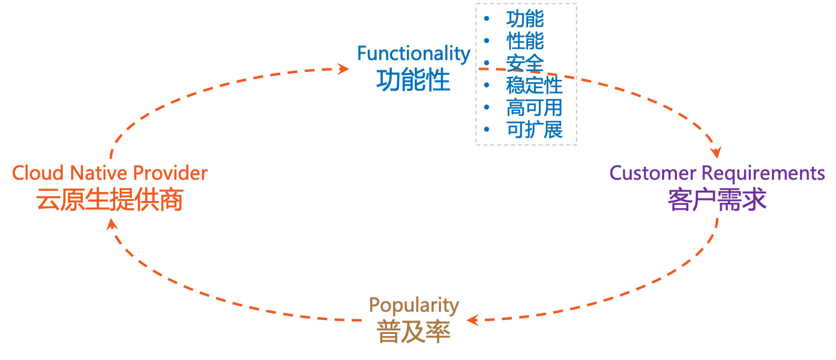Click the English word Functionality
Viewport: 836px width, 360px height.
pos(413,54)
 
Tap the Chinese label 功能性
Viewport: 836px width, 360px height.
pos(413,80)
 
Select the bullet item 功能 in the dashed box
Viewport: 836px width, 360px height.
pos(525,19)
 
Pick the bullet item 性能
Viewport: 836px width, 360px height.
pos(525,41)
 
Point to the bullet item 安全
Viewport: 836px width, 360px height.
pos(525,63)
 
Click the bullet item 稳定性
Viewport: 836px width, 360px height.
pos(534,85)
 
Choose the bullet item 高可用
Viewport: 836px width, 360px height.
pos(534,107)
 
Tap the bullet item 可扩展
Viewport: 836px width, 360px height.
pos(534,130)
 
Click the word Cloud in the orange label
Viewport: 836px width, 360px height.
pos(38,173)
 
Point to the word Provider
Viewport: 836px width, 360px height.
pos(170,173)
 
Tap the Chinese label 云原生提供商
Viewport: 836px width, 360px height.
pos(109,199)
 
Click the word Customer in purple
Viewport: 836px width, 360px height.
pos(653,173)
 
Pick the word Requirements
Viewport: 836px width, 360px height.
pos(763,173)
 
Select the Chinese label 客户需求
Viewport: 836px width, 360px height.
pos(717,199)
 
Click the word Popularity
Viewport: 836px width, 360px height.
pos(414,306)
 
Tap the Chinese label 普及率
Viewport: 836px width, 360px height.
pos(413,331)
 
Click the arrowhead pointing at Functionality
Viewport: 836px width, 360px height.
pos(344,68)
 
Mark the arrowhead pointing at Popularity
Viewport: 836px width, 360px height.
pos(472,321)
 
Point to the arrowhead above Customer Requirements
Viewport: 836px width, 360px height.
pos(716,152)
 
